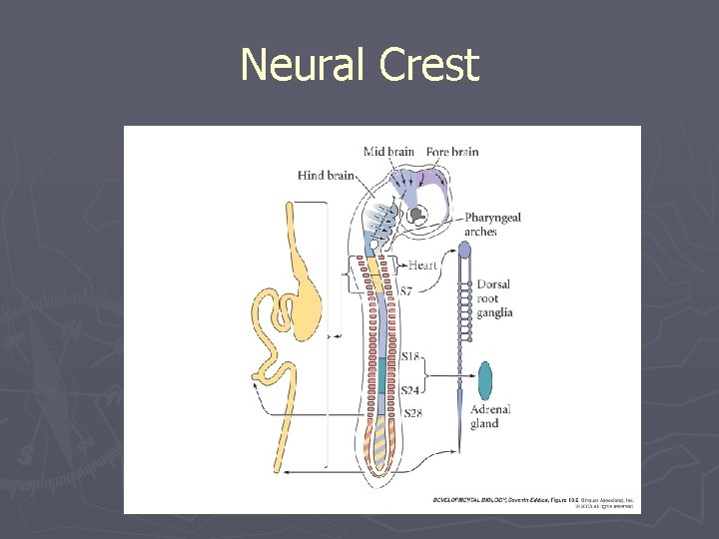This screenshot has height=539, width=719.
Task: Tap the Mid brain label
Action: [x=388, y=152]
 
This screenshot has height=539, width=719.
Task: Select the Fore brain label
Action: [x=452, y=152]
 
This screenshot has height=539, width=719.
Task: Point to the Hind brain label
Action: [x=326, y=176]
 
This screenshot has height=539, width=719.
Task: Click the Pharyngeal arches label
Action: [x=492, y=225]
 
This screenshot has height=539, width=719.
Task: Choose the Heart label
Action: [x=422, y=266]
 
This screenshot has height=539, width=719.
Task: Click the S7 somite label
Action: [x=404, y=291]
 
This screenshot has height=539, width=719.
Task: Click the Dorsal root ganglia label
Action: [x=494, y=298]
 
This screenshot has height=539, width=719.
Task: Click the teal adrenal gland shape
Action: [x=486, y=380]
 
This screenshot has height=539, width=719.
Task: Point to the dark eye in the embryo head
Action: [x=413, y=214]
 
